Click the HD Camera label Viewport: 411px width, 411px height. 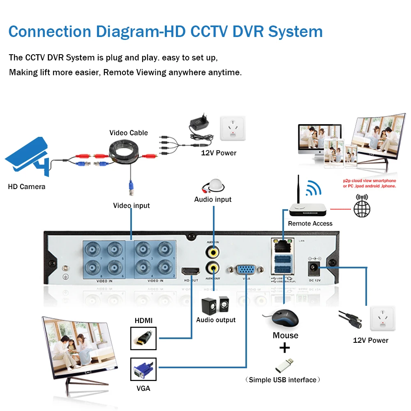tap(27, 187)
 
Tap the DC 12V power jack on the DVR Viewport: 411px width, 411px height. tap(314, 268)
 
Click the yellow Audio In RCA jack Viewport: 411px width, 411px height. tap(213, 251)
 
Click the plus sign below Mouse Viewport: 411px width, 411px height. tap(284, 348)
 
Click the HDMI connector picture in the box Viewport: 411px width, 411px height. tap(143, 338)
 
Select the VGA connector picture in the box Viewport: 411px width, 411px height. tap(143, 370)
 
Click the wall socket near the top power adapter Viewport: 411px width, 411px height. tap(232, 127)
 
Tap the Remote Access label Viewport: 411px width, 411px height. tap(310, 224)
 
